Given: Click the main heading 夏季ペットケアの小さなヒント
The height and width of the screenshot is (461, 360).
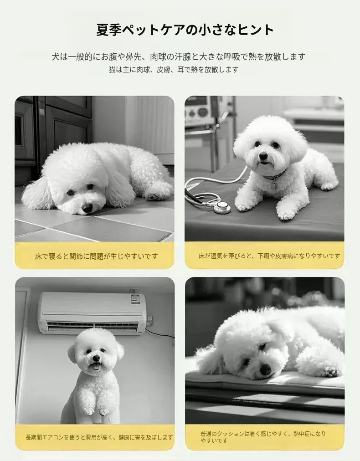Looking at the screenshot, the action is tap(185, 30).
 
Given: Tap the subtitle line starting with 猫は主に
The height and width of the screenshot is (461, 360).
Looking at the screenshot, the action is tap(174, 70).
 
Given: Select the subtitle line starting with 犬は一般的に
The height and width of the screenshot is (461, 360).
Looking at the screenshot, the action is tap(179, 56).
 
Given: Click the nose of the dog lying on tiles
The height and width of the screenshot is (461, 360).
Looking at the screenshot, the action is tap(87, 208).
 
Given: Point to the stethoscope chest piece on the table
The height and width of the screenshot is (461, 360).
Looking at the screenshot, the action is tap(222, 207).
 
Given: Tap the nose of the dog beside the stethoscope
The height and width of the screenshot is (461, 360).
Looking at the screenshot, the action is tap(263, 156).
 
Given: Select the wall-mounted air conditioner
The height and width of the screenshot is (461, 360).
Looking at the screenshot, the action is tap(92, 313).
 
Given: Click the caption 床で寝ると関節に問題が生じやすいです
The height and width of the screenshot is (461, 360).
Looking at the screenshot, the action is tap(97, 256).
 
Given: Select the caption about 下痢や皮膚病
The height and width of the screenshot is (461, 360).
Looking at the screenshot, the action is tap(269, 256).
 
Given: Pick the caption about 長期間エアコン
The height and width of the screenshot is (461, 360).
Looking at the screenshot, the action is tap(99, 437).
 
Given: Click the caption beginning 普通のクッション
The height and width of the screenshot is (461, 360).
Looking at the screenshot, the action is tap(263, 437).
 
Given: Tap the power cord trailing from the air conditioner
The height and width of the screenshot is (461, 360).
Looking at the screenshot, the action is tap(160, 333).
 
